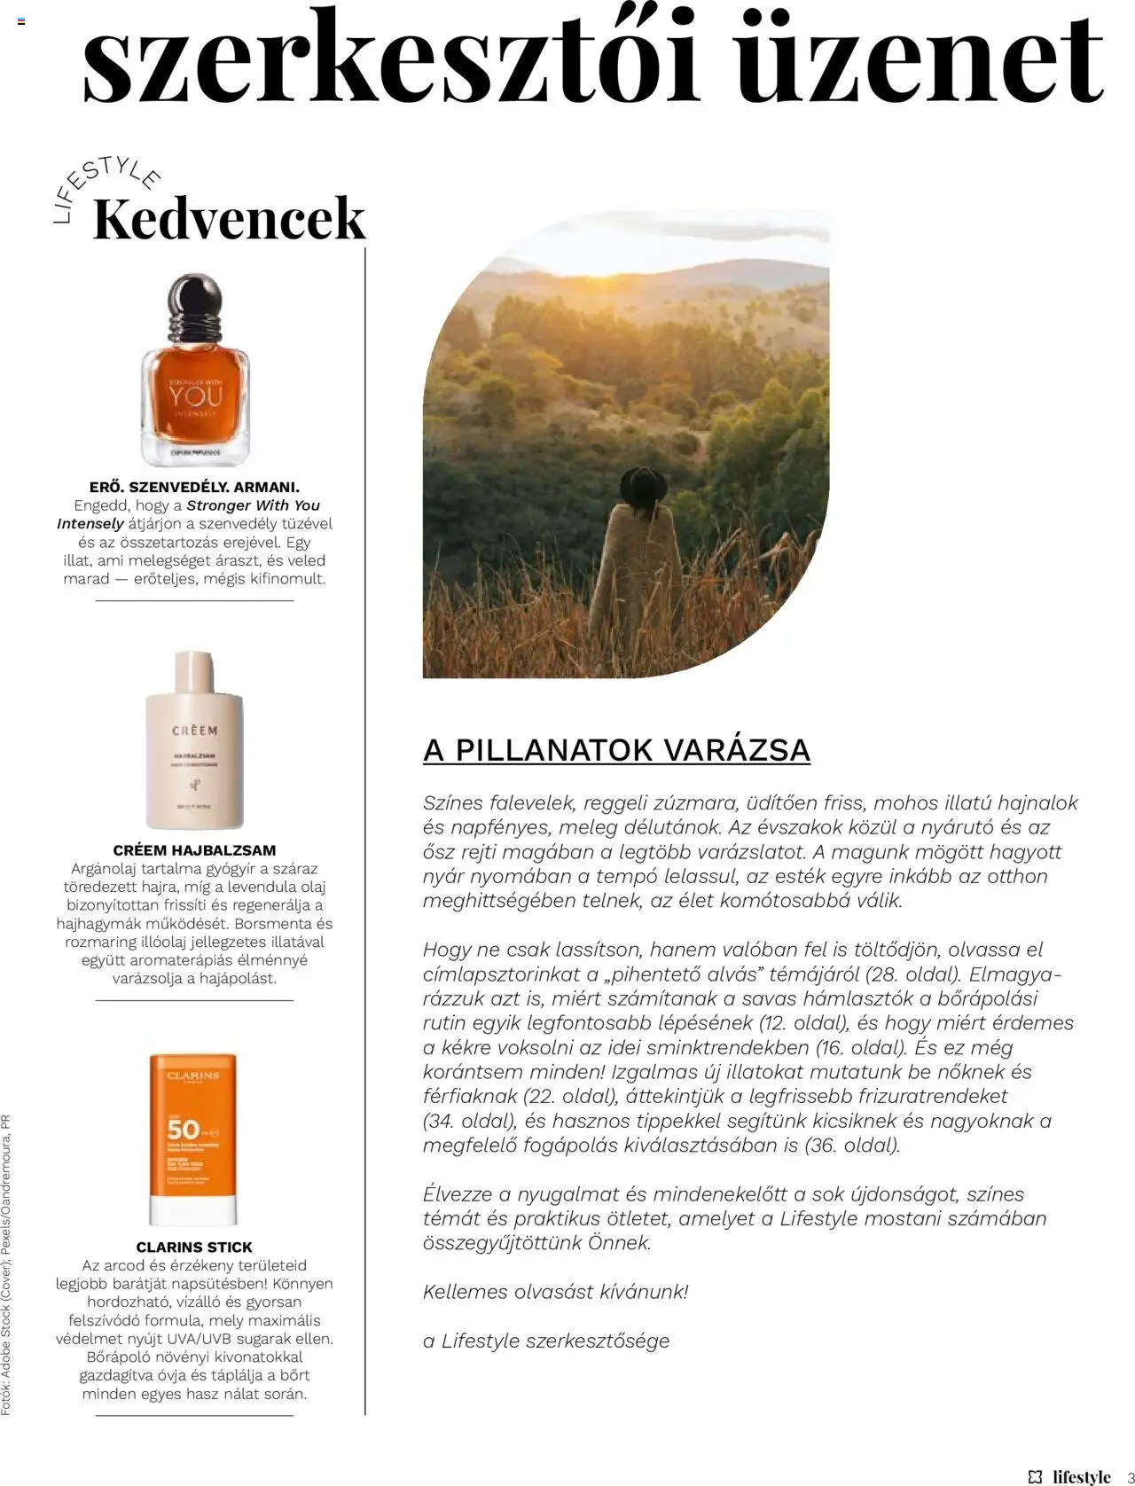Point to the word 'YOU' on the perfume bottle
(195, 395)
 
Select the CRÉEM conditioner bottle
(194, 740)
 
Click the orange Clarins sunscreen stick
(193, 1138)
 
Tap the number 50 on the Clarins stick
(183, 1130)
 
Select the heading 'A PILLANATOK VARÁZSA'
(616, 750)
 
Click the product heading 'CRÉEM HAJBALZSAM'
(194, 850)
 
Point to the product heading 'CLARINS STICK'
(194, 1247)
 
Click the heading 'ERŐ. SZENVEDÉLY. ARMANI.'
(194, 487)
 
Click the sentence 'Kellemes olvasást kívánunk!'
(555, 1292)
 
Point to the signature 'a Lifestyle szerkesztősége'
(546, 1341)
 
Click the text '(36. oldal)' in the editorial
(851, 1145)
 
